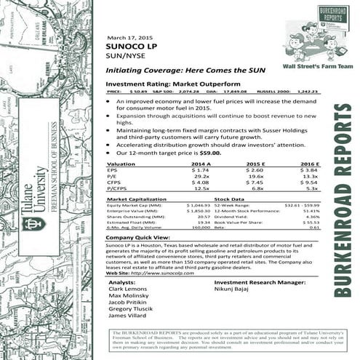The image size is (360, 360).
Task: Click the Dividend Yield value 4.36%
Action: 313,216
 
